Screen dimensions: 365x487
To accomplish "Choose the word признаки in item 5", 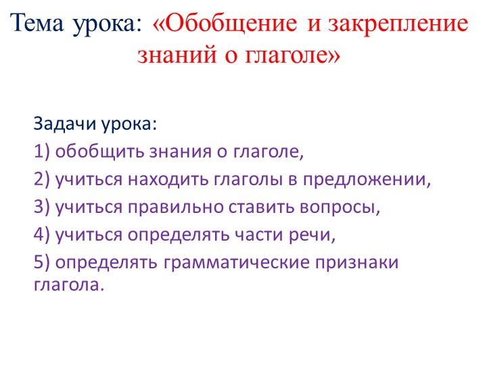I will coord(358,262).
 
